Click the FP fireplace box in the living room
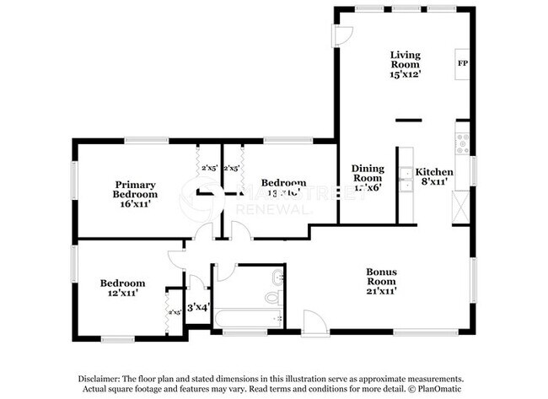click(x=462, y=64)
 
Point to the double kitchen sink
click(x=406, y=180)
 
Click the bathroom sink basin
click(x=277, y=277)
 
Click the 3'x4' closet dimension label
click(x=196, y=308)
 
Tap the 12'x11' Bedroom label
click(x=122, y=288)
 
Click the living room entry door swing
click(x=344, y=35)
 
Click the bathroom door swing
click(x=225, y=272)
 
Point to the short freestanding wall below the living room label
click(x=408, y=121)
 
